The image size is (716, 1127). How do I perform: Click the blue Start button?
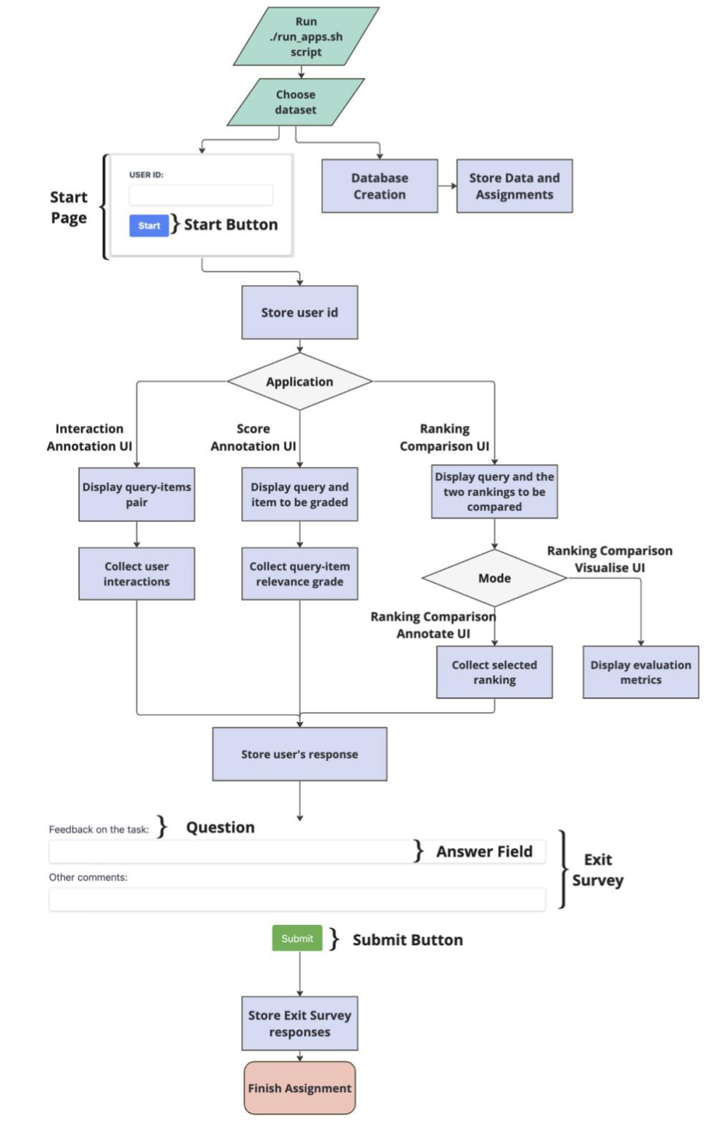coord(149,225)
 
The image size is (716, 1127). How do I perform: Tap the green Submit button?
coord(297,938)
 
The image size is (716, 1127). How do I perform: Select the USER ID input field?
coord(201,195)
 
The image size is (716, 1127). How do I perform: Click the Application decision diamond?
coord(299,382)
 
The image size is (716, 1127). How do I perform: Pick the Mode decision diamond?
coord(494,578)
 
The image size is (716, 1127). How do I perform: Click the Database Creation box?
coord(379,186)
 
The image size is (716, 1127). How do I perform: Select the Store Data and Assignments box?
coord(514,186)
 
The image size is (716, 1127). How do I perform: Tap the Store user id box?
coord(299,312)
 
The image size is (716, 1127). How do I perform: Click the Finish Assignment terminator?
coord(299,1088)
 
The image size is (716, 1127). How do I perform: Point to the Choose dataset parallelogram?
coord(296,102)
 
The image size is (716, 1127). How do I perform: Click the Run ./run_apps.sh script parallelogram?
coord(306,37)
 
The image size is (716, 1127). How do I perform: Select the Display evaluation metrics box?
coord(641,672)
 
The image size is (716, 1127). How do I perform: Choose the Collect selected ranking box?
coord(494,672)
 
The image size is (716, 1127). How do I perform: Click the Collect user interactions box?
coord(136,574)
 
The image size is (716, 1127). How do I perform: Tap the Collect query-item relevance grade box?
coord(299,574)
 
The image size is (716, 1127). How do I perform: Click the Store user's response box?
coord(299,754)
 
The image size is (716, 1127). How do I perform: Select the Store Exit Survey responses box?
coord(299,1023)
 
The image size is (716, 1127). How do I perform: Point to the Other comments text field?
coord(297,900)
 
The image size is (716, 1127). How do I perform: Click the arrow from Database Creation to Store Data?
coord(447,186)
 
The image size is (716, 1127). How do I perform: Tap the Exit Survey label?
coord(598,870)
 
